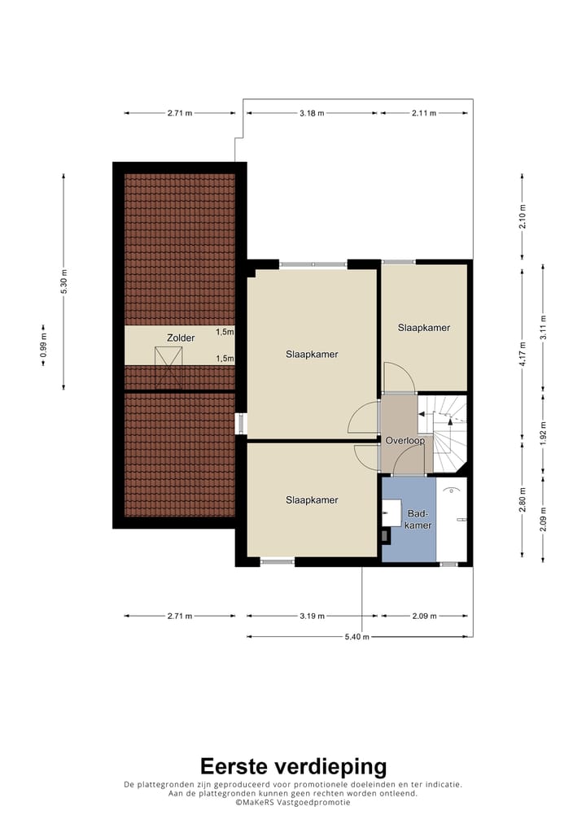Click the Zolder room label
point(181,337)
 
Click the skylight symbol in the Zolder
point(169,358)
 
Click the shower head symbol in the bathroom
point(453,490)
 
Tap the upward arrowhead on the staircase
point(450,415)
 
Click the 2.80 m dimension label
point(523,495)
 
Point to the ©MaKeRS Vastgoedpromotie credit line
point(293,802)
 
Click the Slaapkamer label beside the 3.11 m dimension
point(424,328)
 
